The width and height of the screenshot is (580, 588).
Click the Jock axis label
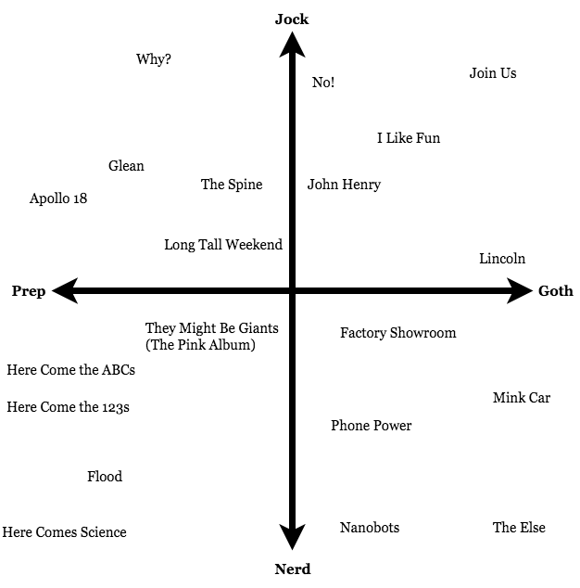tap(292, 19)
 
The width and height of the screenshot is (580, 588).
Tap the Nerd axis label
tap(292, 569)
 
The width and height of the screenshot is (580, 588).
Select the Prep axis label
tap(29, 291)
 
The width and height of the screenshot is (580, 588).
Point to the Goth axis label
tap(555, 291)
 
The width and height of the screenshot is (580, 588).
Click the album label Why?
tap(154, 59)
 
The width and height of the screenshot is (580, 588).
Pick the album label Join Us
tap(493, 73)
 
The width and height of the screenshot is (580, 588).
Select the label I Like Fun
tap(409, 138)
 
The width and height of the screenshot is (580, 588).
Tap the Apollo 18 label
tap(58, 198)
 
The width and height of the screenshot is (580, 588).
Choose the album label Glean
tap(126, 166)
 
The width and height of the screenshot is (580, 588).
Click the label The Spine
tap(232, 185)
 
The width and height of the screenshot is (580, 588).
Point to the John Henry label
tap(344, 185)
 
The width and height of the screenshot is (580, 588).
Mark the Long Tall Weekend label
tap(223, 245)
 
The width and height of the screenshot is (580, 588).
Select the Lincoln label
tap(502, 259)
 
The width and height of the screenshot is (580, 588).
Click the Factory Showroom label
tap(398, 333)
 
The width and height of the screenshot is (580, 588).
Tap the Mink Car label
tap(522, 398)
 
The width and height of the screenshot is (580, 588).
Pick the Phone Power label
tap(372, 426)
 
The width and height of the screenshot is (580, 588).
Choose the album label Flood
tap(105, 477)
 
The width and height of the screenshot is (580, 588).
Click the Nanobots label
tap(370, 528)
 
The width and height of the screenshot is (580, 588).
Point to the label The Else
tap(519, 528)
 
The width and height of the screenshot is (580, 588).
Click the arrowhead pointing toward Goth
tap(520, 292)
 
